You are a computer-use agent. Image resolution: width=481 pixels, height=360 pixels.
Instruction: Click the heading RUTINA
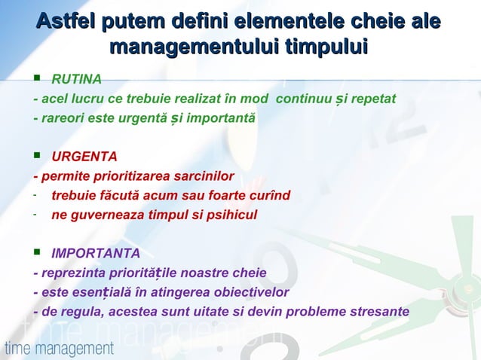pos(76,79)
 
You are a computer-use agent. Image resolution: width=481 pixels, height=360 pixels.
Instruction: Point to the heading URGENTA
pos(84,157)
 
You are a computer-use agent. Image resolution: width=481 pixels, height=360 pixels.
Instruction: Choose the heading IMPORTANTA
pos(95,252)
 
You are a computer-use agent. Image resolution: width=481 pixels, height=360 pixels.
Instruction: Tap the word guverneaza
pos(100,215)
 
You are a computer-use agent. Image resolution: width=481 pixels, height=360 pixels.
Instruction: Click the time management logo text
pos(59,349)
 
